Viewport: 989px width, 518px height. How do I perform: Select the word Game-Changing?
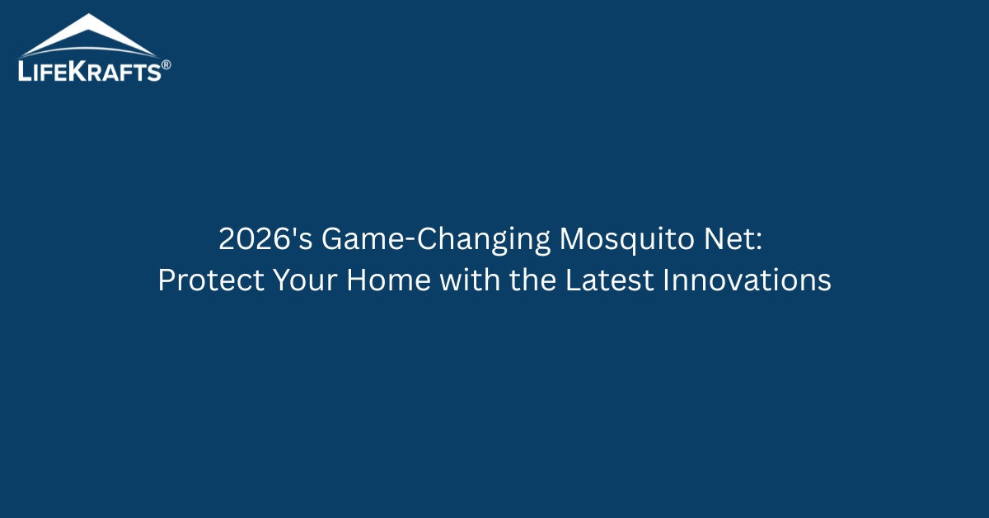(x=436, y=240)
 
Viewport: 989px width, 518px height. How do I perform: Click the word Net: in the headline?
(x=741, y=240)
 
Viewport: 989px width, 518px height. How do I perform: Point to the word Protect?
(x=209, y=281)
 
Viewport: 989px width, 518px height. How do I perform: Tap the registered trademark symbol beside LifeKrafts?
(x=166, y=64)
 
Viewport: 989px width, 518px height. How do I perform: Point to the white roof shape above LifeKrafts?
(x=87, y=36)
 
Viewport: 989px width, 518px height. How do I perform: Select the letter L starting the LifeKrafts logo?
(x=25, y=72)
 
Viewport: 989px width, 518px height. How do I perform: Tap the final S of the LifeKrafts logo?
(x=153, y=73)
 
